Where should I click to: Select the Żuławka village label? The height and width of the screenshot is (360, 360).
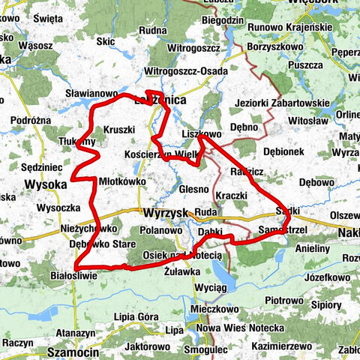click(x=181, y=273)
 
